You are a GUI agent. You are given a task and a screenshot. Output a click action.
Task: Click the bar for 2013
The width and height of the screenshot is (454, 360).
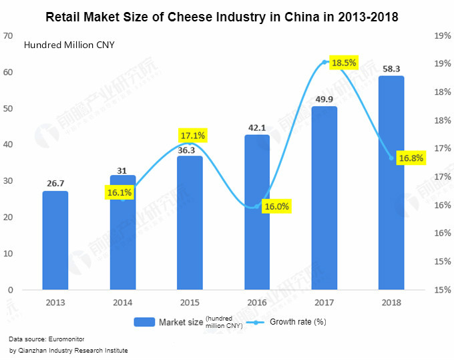(x=55, y=240)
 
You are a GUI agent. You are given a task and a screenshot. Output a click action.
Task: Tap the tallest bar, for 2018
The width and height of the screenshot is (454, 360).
(x=391, y=184)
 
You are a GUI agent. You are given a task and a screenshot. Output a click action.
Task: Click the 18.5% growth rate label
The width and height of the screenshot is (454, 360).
(x=345, y=63)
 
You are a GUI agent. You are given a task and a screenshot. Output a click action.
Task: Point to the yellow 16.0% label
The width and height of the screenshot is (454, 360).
(x=276, y=206)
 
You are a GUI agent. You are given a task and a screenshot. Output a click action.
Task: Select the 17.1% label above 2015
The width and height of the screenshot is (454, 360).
(x=193, y=136)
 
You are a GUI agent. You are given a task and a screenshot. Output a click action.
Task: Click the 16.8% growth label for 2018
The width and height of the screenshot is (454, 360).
(x=411, y=158)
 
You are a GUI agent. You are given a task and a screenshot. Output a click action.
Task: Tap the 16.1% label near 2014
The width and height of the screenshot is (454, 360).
(x=119, y=193)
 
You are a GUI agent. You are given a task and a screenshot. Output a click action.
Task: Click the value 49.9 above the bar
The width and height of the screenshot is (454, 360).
(x=324, y=100)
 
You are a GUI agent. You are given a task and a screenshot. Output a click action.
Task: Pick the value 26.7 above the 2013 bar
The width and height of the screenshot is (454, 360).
(x=55, y=183)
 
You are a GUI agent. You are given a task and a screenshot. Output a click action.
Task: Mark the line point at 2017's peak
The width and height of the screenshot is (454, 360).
(x=324, y=62)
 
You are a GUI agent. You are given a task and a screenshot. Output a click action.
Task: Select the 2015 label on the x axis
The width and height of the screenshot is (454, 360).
(x=190, y=302)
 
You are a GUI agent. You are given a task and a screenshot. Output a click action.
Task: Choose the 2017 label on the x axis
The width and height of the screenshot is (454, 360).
(x=324, y=302)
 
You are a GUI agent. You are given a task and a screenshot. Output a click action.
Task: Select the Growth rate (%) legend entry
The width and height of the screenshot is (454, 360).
(x=294, y=322)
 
